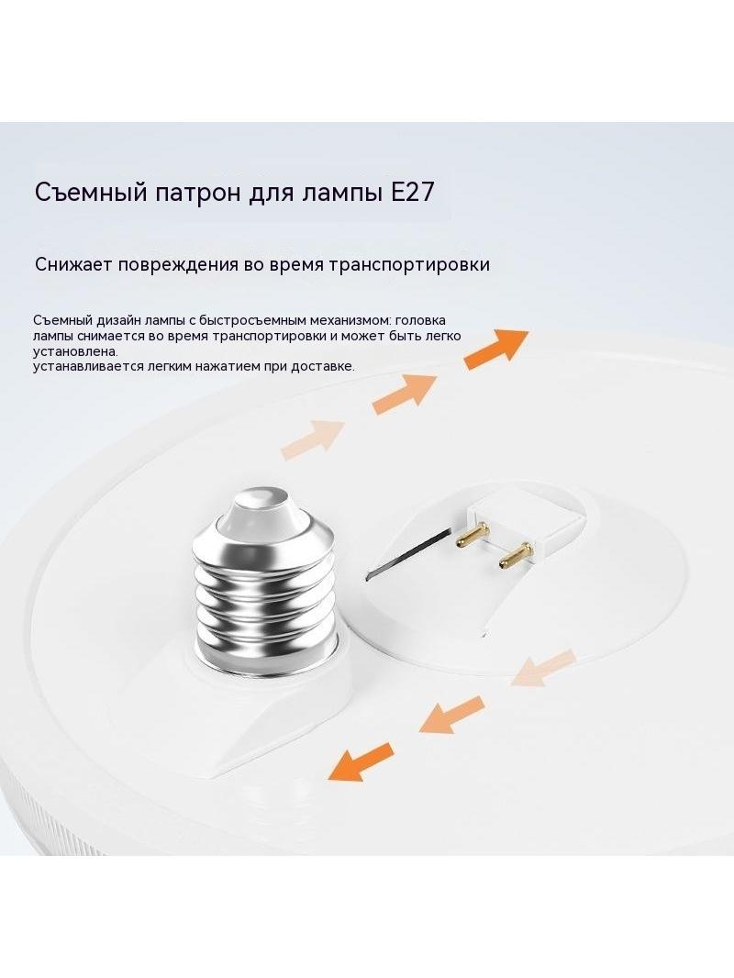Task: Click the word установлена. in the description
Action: pyautogui.click(x=75, y=351)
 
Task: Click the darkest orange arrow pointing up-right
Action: pyautogui.click(x=495, y=350)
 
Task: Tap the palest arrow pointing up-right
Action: pyautogui.click(x=313, y=439)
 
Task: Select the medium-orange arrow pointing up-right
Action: pyautogui.click(x=405, y=395)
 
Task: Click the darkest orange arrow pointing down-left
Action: pyautogui.click(x=360, y=762)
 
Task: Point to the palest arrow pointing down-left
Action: pyautogui.click(x=543, y=669)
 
